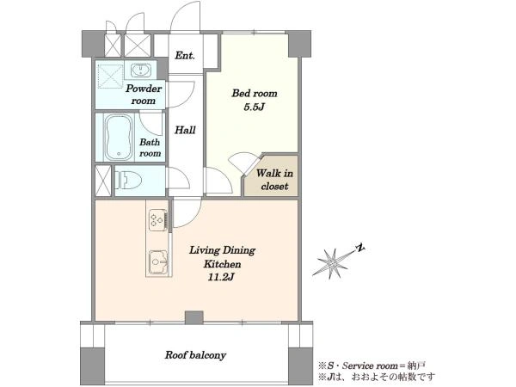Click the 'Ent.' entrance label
[x=185, y=55]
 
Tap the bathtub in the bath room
[x=119, y=137]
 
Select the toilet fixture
[x=128, y=181]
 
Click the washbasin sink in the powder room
[x=141, y=71]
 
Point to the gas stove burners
[x=157, y=219]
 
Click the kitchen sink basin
[x=159, y=262]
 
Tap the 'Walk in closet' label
[x=274, y=180]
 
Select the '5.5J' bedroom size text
[x=254, y=107]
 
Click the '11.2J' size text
[x=221, y=277]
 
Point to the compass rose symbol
[x=333, y=262]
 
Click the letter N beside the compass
[x=361, y=248]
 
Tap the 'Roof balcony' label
[x=195, y=355]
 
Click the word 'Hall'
[x=185, y=130]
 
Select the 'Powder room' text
[x=144, y=95]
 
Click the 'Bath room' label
[x=150, y=147]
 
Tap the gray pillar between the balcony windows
[x=194, y=317]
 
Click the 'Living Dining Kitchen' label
[x=222, y=257]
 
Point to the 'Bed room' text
[x=255, y=94]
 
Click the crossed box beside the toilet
[x=103, y=181]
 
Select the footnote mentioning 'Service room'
[x=372, y=365]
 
